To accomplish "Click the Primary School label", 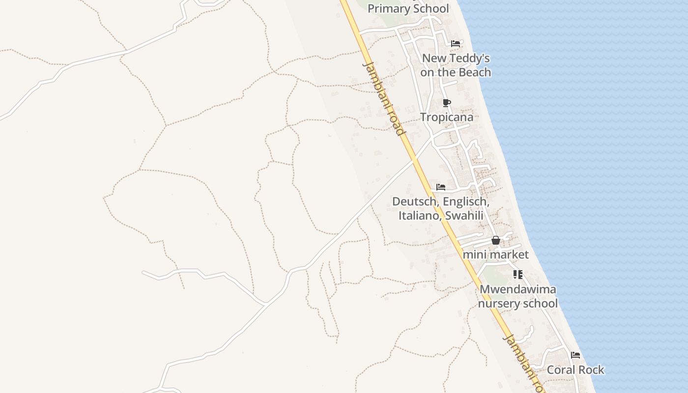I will point(408,8).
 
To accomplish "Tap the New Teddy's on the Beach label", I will point(456,65).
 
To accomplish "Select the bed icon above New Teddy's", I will point(456,43).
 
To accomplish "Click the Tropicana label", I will point(447,117).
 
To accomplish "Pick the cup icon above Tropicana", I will point(446,103).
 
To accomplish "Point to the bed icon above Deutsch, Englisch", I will point(441,187).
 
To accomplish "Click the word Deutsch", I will point(415,201).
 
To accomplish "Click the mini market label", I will point(495,254).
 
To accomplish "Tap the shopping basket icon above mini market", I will point(496,240).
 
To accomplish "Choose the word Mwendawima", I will point(518,289).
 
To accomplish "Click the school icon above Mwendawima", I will point(517,274).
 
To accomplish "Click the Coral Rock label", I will point(575,369).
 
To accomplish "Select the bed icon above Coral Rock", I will point(575,355).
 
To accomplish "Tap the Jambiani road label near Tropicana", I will point(384,98).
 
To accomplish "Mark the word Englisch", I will point(466,201).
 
